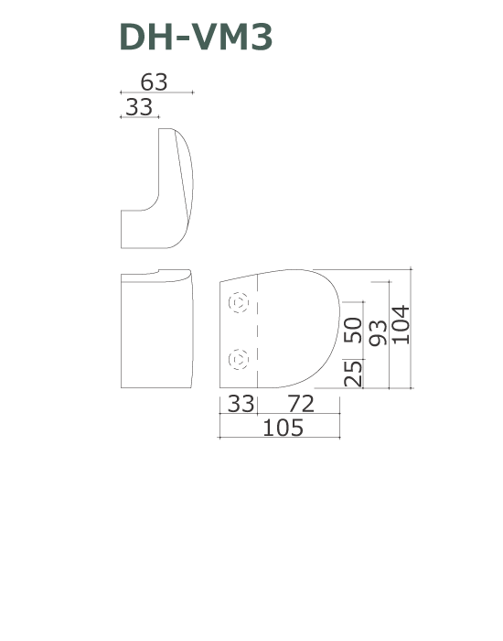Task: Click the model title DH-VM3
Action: click(x=196, y=37)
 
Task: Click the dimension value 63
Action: click(x=154, y=82)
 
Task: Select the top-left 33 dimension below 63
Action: click(x=139, y=107)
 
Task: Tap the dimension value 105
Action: click(x=283, y=428)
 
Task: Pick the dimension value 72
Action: click(x=301, y=404)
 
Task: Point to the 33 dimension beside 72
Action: click(x=241, y=404)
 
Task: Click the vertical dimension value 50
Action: click(x=353, y=330)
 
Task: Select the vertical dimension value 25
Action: click(x=353, y=374)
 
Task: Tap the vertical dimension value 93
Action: click(x=378, y=332)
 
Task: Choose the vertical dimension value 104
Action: click(x=401, y=324)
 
